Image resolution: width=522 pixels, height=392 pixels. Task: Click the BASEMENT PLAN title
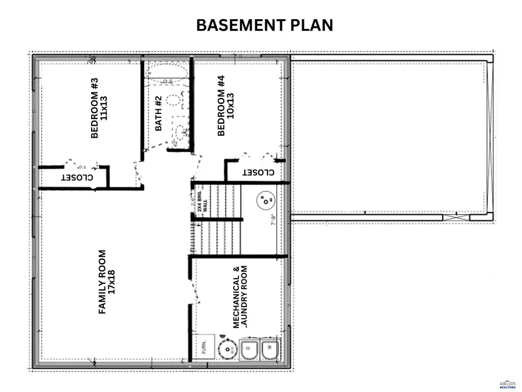point(264,26)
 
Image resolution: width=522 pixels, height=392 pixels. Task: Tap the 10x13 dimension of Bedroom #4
point(231,106)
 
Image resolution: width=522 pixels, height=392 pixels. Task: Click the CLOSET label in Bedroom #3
point(74,177)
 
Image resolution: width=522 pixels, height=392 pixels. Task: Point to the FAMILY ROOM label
point(102,282)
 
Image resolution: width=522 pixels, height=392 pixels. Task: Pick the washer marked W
point(269,350)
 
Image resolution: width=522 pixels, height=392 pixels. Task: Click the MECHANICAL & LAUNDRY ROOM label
point(240,297)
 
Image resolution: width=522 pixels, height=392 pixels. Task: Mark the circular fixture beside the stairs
point(266,201)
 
